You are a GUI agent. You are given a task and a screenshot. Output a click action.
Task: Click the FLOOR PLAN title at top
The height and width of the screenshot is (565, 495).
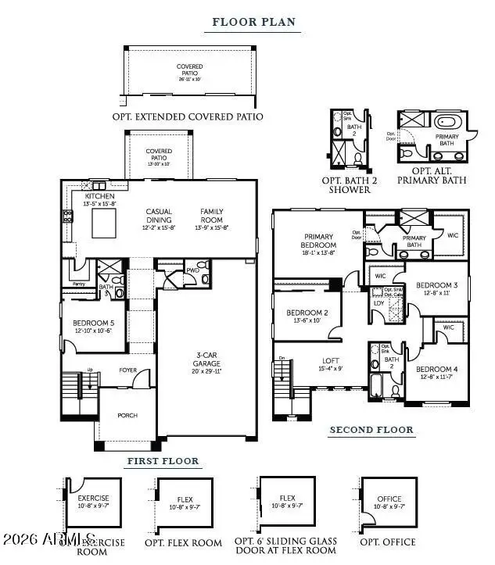coord(254,22)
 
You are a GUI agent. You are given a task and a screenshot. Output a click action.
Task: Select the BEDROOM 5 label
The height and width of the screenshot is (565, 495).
coord(93,324)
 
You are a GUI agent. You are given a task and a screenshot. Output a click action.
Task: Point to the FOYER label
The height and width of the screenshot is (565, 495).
coord(127,371)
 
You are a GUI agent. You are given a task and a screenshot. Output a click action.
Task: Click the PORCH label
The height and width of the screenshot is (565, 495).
coord(127,416)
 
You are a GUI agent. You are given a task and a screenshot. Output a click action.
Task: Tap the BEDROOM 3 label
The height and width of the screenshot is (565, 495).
coord(437,285)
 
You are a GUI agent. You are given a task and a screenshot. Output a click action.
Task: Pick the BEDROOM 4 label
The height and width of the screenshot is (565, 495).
coord(437,369)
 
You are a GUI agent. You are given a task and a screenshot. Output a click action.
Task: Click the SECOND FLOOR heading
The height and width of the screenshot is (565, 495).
coord(371,430)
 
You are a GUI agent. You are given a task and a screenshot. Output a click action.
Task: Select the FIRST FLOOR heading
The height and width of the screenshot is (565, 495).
coord(163,461)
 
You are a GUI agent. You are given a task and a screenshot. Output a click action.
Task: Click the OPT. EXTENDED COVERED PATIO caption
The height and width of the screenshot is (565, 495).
coord(199,116)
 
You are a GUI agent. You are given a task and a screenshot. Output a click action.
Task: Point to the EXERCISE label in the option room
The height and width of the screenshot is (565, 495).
coord(93,498)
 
